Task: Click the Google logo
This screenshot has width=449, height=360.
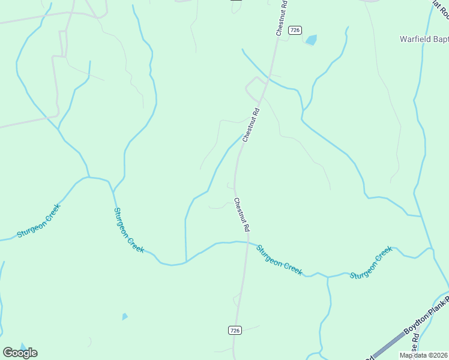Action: (20, 353)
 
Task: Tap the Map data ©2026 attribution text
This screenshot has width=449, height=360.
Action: (423, 355)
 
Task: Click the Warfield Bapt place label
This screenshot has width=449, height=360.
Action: (424, 40)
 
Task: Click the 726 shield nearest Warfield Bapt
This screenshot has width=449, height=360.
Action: (295, 30)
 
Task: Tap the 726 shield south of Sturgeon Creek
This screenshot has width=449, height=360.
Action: (235, 331)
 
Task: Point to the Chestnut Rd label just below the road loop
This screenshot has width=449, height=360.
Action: (251, 125)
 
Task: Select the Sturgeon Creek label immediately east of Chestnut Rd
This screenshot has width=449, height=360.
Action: (279, 259)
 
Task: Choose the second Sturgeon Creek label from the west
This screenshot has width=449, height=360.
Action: (128, 230)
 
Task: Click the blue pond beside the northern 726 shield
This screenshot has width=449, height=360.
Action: (311, 40)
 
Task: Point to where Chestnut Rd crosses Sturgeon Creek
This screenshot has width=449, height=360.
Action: (247, 242)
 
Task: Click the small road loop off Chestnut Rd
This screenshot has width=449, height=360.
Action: (255, 88)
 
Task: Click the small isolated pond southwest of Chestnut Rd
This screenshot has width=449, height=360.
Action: (125, 316)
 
